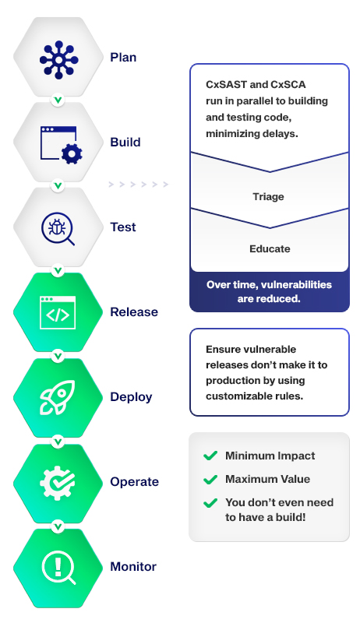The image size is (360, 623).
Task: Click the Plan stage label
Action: point(123,58)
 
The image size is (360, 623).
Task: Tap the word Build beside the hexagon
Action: point(125,143)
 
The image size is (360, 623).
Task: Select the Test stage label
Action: point(123,227)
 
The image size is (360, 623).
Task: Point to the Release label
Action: point(134,312)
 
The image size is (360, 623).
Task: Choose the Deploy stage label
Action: point(131,397)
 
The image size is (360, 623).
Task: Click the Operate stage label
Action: point(134,482)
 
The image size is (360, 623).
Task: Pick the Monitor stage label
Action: point(133,567)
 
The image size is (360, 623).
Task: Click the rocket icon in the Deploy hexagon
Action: point(57,398)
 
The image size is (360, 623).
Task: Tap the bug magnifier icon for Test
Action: point(58,228)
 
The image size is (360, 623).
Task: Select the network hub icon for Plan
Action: point(58,60)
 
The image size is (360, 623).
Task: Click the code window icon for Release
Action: point(58,312)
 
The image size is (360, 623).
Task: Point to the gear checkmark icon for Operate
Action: point(57,482)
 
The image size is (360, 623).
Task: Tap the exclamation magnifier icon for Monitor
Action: point(58,567)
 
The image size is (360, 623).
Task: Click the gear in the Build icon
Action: point(72,153)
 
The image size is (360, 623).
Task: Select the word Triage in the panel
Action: point(269,197)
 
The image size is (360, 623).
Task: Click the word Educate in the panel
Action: point(270,248)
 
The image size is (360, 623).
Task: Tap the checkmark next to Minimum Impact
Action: point(210,456)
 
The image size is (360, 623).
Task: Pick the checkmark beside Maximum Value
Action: point(210,480)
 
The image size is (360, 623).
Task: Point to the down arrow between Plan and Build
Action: point(58,100)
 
